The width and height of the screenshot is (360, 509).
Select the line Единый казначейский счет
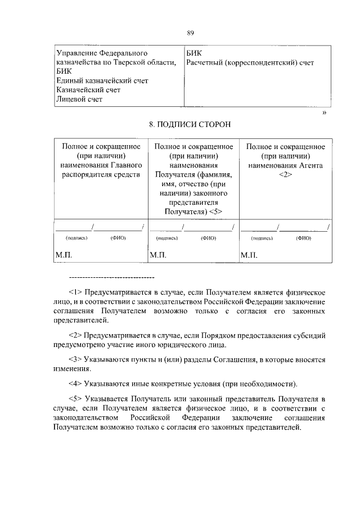102,81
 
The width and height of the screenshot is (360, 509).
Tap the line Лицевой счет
79,99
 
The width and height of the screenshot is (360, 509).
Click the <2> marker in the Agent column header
286,174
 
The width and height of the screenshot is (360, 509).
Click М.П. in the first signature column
64,255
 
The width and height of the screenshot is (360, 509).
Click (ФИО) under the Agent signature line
303,238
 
